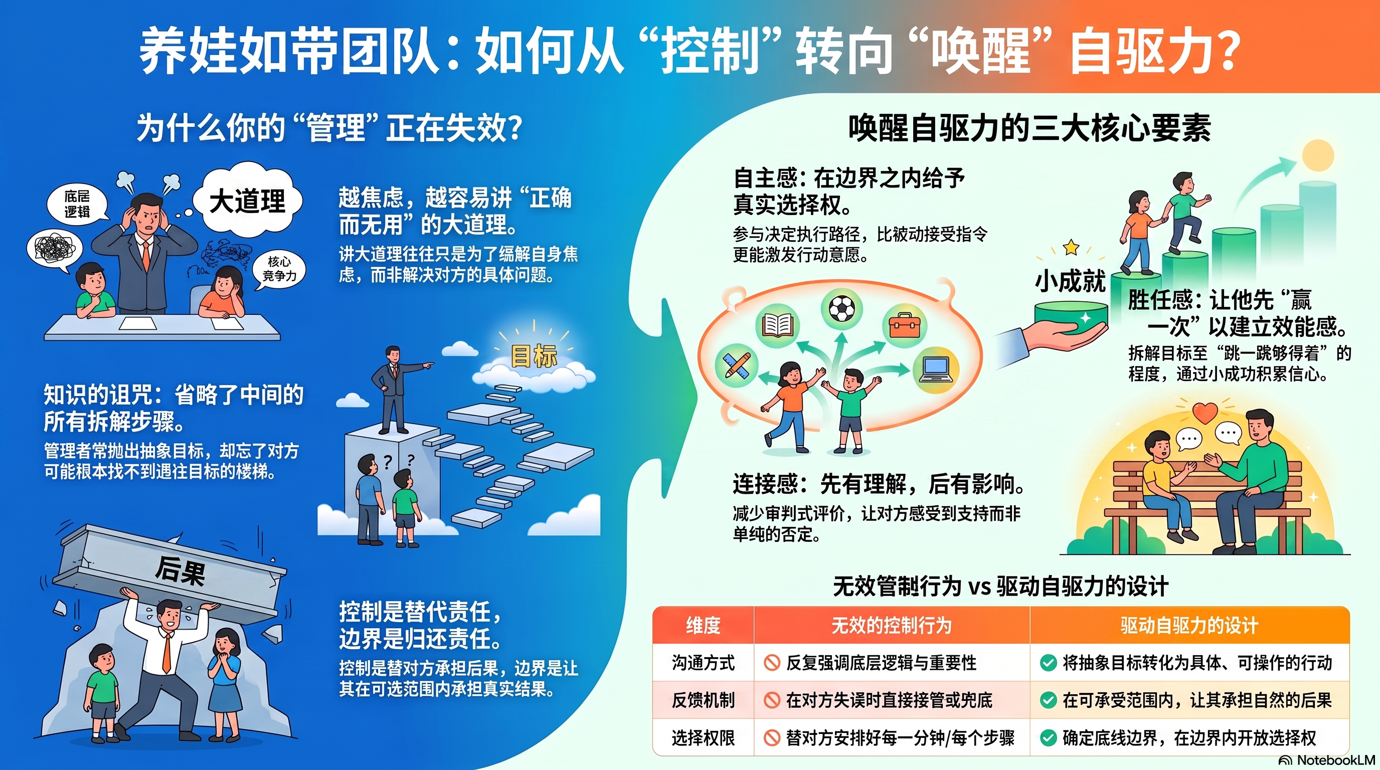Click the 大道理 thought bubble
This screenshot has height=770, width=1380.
pyautogui.click(x=248, y=202)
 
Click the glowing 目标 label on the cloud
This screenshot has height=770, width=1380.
pyautogui.click(x=534, y=356)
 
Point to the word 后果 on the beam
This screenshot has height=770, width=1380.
pyautogui.click(x=180, y=570)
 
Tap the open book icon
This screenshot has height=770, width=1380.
pyautogui.click(x=777, y=325)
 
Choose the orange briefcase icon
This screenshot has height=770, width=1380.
pyautogui.click(x=904, y=325)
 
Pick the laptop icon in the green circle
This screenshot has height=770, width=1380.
pyautogui.click(x=935, y=370)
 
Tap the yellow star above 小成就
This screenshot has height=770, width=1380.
pyautogui.click(x=1071, y=247)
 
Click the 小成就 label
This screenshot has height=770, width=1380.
pyautogui.click(x=1069, y=281)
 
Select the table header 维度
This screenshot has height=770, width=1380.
pyautogui.click(x=703, y=626)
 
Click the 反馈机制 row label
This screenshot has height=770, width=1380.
pyautogui.click(x=703, y=700)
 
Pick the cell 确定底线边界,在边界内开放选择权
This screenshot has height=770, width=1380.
pyautogui.click(x=1189, y=738)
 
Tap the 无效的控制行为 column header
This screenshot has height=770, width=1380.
pyautogui.click(x=891, y=626)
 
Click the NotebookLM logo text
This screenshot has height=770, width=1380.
pyautogui.click(x=1336, y=760)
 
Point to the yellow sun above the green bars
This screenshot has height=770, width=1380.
pyautogui.click(x=1317, y=156)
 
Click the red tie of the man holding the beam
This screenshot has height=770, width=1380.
pyautogui.click(x=167, y=652)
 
